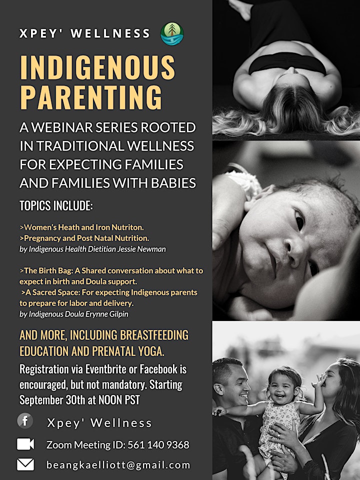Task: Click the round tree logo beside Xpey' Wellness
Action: [172, 33]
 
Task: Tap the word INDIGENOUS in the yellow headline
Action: [97, 67]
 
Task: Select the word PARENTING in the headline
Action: [90, 97]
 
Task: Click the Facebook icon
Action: [25, 420]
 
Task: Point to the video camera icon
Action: [25, 444]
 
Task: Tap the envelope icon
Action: [25, 464]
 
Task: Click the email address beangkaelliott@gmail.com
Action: [118, 465]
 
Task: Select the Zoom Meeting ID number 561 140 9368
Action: [158, 444]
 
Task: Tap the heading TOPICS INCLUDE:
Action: [56, 205]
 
